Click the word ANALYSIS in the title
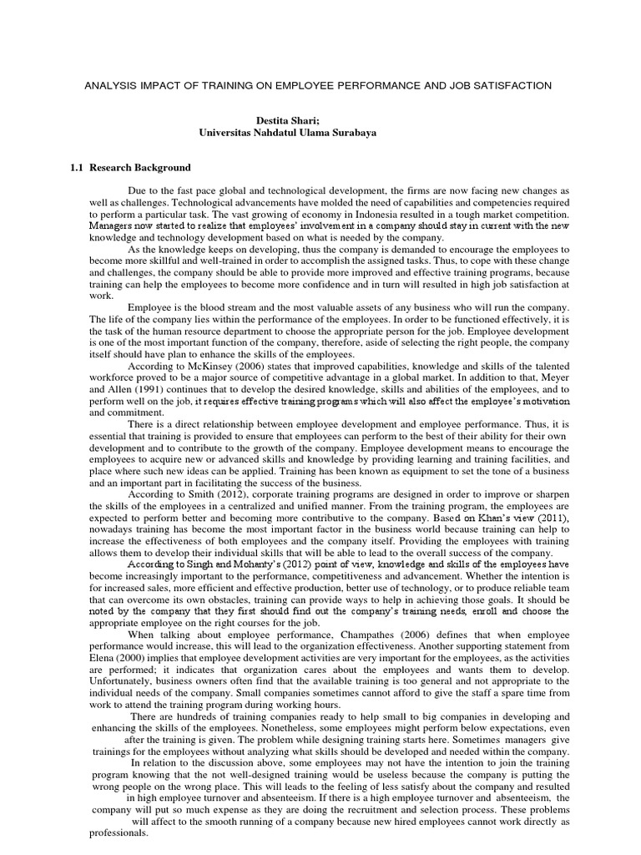coord(116,86)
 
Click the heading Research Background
coord(143,168)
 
